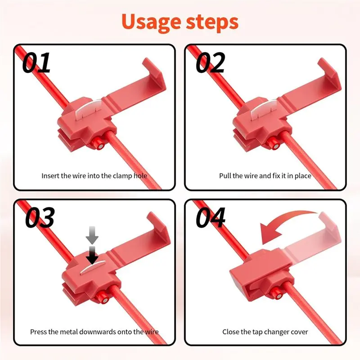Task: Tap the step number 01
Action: pyautogui.click(x=37, y=63)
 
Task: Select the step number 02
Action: pyautogui.click(x=210, y=63)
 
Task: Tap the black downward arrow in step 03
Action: pyautogui.click(x=93, y=256)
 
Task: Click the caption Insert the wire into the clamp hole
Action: pyautogui.click(x=94, y=175)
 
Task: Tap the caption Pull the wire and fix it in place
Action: pyautogui.click(x=265, y=175)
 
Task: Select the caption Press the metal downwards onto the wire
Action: pyautogui.click(x=94, y=332)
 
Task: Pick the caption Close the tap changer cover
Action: pyautogui.click(x=265, y=332)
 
